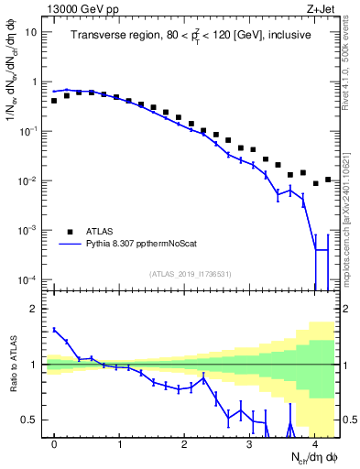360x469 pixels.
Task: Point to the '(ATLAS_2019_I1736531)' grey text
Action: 190,274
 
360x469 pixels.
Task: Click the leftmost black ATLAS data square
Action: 54,101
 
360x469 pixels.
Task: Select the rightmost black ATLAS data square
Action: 328,180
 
